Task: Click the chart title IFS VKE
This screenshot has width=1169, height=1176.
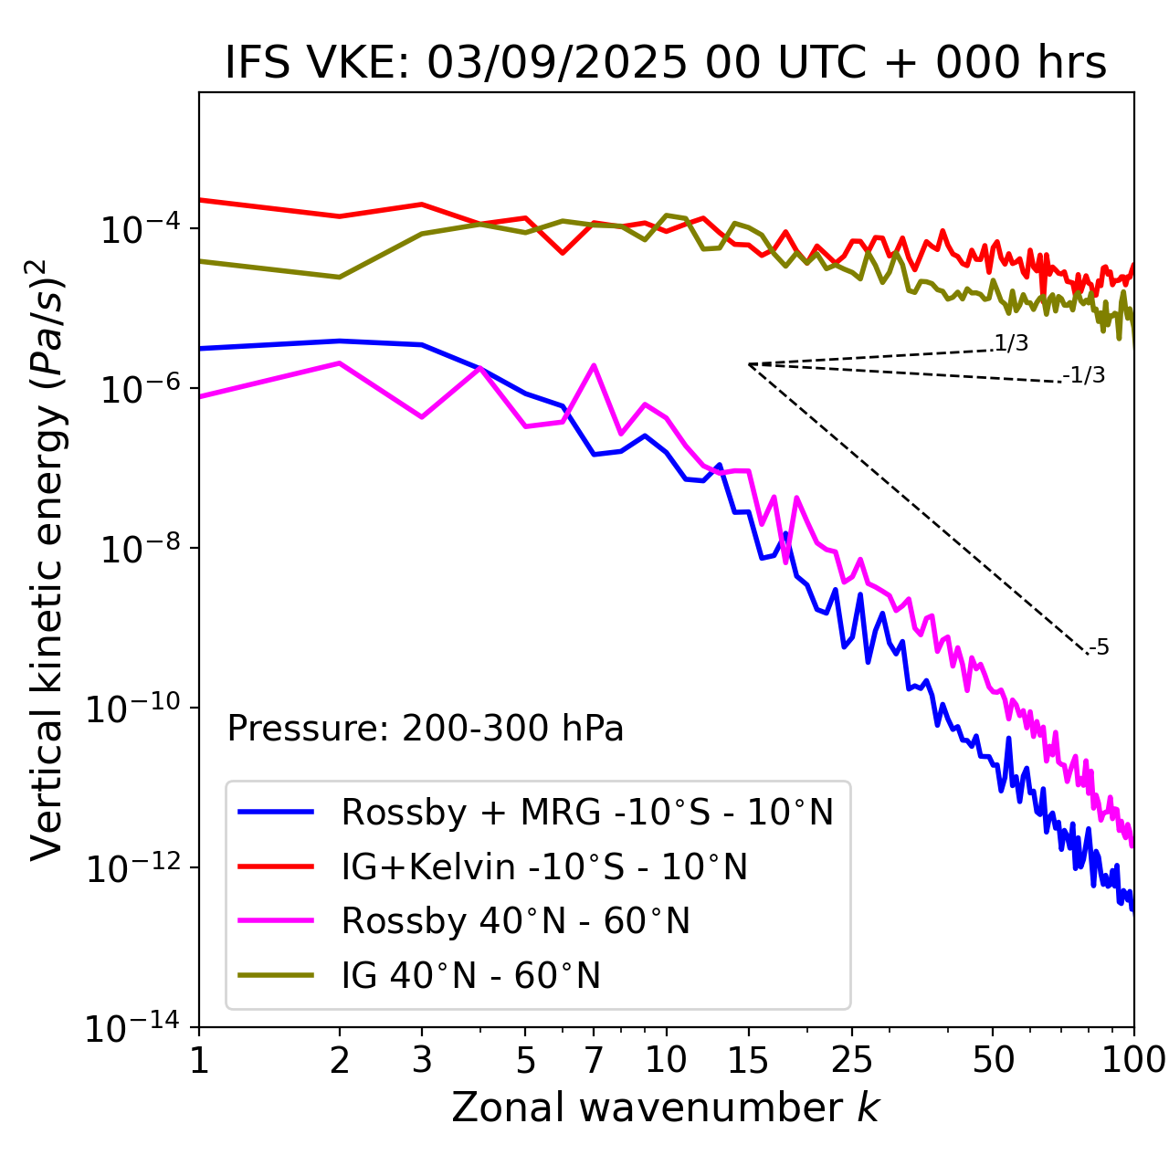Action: pos(666,63)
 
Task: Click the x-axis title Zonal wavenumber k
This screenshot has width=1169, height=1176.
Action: pos(665,1107)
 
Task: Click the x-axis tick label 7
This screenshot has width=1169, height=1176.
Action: pos(594,1060)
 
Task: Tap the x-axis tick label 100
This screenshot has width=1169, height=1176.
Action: pos(1133,1060)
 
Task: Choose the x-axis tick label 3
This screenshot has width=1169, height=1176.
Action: pos(421,1060)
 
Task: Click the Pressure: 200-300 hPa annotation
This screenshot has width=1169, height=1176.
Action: pos(426,729)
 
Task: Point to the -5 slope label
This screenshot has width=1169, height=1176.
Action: pos(1100,648)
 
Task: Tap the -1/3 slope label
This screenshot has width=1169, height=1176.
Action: pos(1085,375)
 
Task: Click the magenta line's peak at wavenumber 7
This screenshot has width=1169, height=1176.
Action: pos(594,366)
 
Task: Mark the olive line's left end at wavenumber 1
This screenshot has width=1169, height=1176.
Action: pos(200,261)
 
